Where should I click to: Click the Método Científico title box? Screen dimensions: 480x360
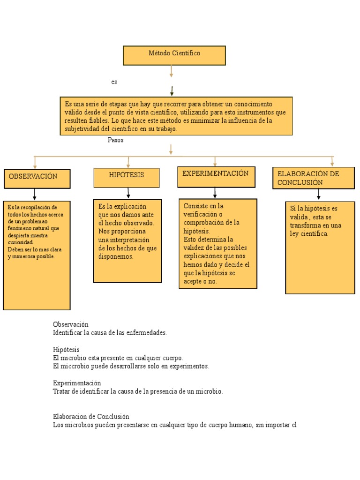click(x=174, y=55)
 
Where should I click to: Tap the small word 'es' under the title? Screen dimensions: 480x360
click(x=114, y=82)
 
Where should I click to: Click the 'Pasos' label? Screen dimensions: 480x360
click(x=116, y=140)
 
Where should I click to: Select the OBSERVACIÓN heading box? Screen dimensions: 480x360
click(x=37, y=178)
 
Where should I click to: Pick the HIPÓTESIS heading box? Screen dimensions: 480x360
click(x=127, y=177)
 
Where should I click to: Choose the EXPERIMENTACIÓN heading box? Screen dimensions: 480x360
click(x=216, y=176)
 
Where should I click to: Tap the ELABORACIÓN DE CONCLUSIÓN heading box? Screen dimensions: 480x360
click(x=313, y=178)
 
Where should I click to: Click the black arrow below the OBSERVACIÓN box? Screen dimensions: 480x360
click(x=35, y=194)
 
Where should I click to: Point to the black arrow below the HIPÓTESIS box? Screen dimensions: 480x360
click(x=128, y=193)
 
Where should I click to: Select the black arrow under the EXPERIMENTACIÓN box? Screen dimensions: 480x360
click(x=215, y=193)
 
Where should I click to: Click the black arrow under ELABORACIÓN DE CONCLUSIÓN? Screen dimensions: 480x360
click(x=319, y=195)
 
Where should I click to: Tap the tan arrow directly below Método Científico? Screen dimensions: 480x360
click(x=172, y=71)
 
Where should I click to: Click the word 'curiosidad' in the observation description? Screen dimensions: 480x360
click(x=20, y=242)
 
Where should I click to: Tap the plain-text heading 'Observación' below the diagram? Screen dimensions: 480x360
click(x=70, y=324)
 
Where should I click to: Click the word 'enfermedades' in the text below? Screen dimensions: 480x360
click(x=147, y=333)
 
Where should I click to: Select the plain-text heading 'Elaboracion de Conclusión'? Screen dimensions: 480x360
click(x=91, y=416)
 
